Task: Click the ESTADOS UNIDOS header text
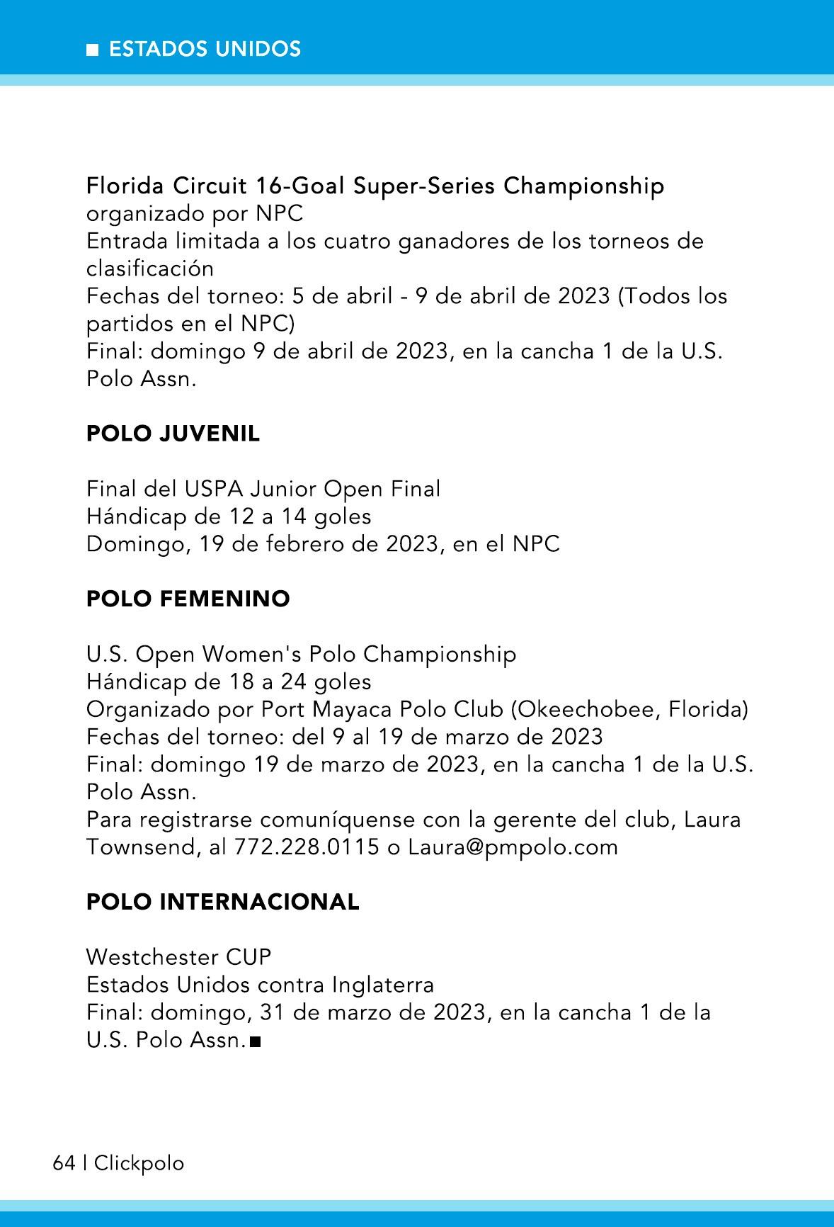(x=205, y=49)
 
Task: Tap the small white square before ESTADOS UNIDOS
(x=92, y=50)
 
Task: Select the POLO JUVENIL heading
(x=173, y=434)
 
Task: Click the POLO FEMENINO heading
(x=188, y=599)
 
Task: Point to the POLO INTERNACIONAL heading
(x=222, y=902)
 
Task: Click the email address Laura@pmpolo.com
(x=513, y=847)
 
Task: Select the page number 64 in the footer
(x=64, y=1163)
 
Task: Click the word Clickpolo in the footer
(x=139, y=1163)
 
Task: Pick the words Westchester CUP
(x=178, y=957)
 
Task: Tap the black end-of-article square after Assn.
(x=256, y=1042)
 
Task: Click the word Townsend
(x=139, y=847)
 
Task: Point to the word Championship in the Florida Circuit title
(x=584, y=186)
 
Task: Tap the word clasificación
(x=150, y=268)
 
